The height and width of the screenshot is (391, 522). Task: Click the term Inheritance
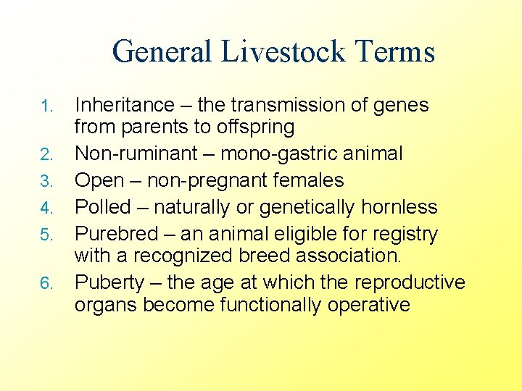[125, 106]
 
